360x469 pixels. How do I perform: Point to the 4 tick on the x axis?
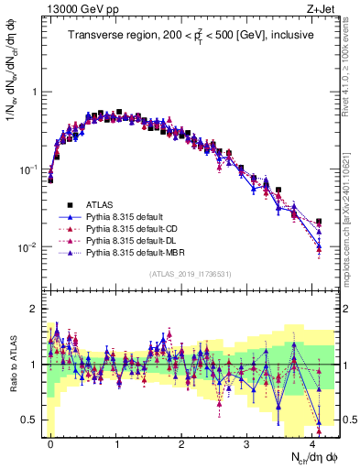pos(313,443)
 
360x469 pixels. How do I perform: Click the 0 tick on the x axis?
pos(50,443)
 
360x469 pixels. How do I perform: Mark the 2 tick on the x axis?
pos(181,443)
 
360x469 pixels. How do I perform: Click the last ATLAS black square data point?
pos(319,222)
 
